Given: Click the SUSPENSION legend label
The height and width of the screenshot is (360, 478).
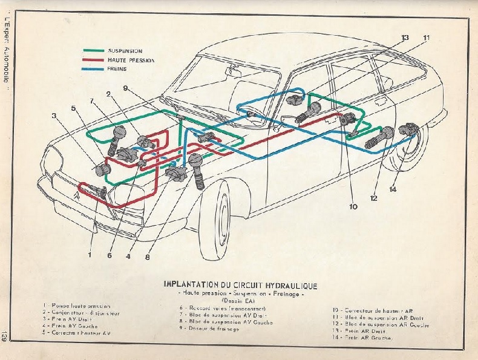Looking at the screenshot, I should (125, 51).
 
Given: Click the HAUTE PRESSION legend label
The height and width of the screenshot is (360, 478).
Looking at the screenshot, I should (131, 61).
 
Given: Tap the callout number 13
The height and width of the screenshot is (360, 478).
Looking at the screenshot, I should (405, 38).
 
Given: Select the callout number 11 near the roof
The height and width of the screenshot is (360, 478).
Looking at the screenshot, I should (427, 38).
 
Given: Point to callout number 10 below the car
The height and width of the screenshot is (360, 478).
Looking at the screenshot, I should (353, 207).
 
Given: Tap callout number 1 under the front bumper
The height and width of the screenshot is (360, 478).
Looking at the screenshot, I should (89, 255).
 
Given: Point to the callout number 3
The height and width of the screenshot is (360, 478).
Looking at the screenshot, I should (54, 115).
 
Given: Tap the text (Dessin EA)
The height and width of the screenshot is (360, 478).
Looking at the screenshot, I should (240, 301).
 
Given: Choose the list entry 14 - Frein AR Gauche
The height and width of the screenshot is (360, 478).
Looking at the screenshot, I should (363, 338).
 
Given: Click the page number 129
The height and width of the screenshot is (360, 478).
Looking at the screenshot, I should (5, 336).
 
